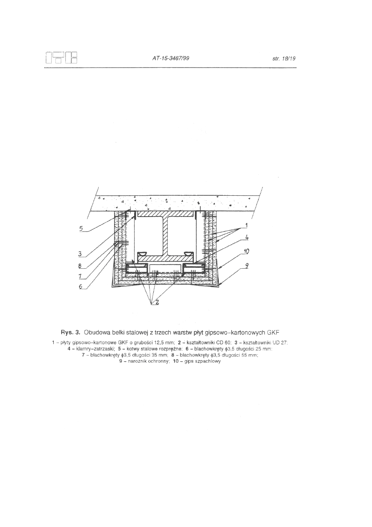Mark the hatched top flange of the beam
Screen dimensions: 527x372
click(x=166, y=214)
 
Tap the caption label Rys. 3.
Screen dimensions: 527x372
click(x=71, y=333)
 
